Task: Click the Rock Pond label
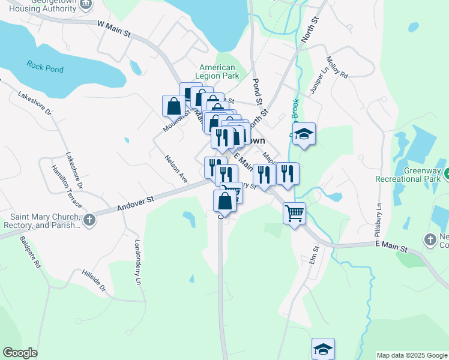[x=45, y=66]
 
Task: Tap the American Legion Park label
[x=219, y=71]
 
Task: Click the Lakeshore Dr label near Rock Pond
[x=35, y=103]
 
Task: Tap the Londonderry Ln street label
[x=138, y=262]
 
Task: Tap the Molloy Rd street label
[x=337, y=68]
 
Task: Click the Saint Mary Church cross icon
[x=89, y=220]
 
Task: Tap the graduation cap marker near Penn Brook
[x=304, y=134]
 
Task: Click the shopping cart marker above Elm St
[x=294, y=213]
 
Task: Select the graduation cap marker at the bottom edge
[x=322, y=349]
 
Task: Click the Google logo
[x=20, y=353]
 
